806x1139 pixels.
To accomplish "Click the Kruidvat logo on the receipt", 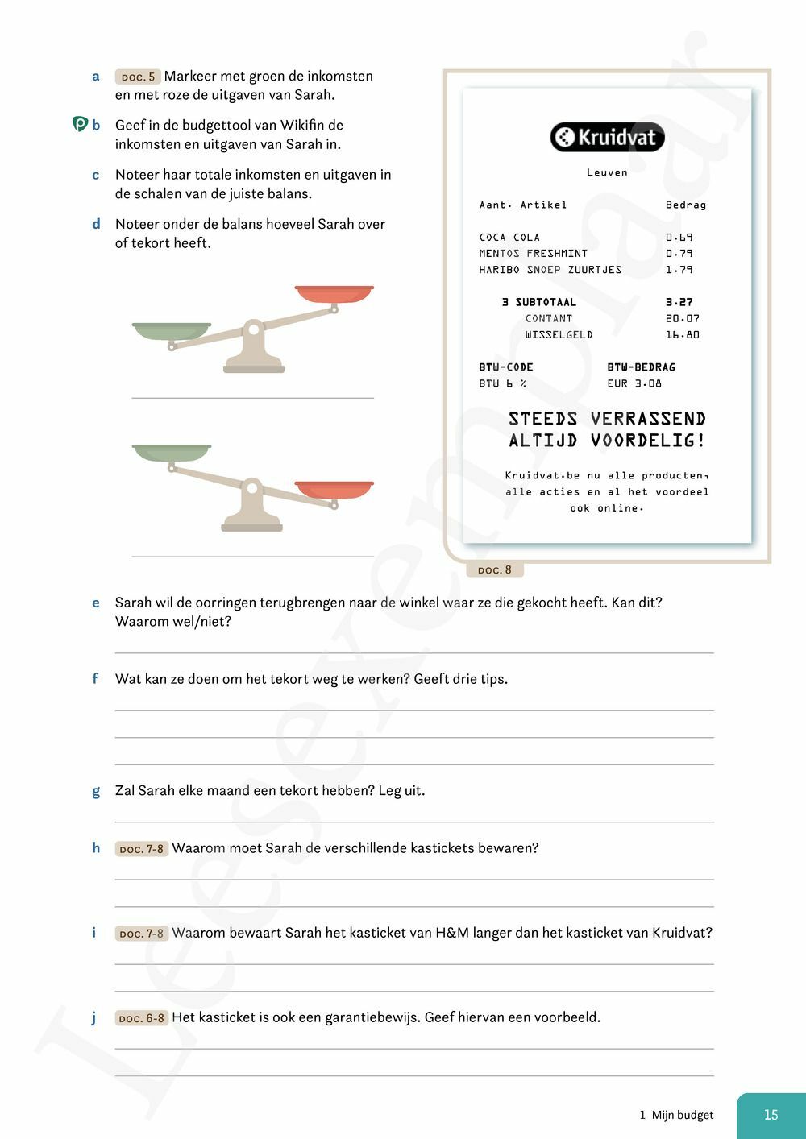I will click(x=608, y=137).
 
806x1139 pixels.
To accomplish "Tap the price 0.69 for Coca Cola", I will click(x=679, y=238).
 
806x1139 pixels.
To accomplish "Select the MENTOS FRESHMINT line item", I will click(x=533, y=254).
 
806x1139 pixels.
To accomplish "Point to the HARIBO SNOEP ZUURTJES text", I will click(x=550, y=270).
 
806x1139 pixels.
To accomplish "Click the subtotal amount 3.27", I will click(x=679, y=302).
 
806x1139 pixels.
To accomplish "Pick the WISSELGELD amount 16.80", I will click(x=682, y=335).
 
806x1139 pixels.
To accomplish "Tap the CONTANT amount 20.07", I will click(x=682, y=319).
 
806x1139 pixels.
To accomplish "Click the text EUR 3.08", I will click(x=634, y=383).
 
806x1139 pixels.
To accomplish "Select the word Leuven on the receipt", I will click(x=607, y=172).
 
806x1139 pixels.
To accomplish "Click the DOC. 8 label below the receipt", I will click(x=495, y=570).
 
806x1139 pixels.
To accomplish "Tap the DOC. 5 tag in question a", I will click(x=138, y=77).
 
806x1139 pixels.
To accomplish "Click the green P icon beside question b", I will click(x=80, y=125).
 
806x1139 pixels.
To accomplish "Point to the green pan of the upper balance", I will click(x=171, y=330).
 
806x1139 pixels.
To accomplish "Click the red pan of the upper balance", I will click(x=334, y=293).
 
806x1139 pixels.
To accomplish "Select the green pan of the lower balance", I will click(x=171, y=451).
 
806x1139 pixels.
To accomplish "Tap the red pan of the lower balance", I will click(x=334, y=489).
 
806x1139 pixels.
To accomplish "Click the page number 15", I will click(x=771, y=1115).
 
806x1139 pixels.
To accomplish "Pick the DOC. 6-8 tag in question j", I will click(x=141, y=1018).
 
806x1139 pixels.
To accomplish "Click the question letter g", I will click(x=96, y=791).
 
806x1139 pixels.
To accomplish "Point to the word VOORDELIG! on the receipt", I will click(x=647, y=441).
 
